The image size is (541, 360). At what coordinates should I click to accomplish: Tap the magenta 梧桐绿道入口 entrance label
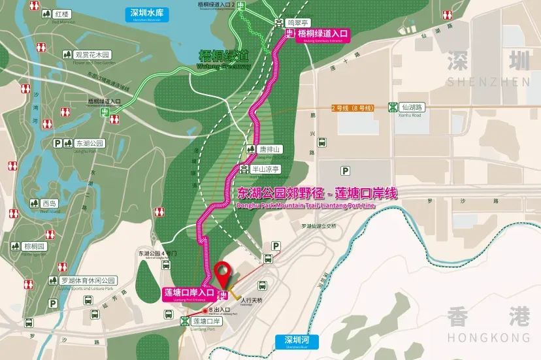pos(322,34)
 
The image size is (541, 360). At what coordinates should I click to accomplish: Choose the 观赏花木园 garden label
pos(93,55)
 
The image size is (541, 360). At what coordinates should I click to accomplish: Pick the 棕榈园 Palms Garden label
pos(34,246)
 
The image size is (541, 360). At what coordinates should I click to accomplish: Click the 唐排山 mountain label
pos(269,150)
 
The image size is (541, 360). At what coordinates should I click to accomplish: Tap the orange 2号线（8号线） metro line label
pos(352,107)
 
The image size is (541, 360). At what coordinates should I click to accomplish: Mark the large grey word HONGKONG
pos(488,337)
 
